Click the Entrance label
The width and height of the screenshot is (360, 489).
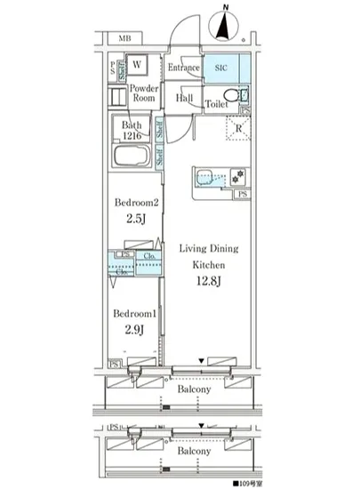[182, 68]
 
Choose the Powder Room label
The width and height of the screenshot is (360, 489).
[143, 94]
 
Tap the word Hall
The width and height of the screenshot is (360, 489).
[185, 99]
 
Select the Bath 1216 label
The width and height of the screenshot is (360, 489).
[133, 130]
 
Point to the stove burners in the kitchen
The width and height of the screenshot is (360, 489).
[237, 174]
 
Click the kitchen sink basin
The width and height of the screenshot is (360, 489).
[210, 177]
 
